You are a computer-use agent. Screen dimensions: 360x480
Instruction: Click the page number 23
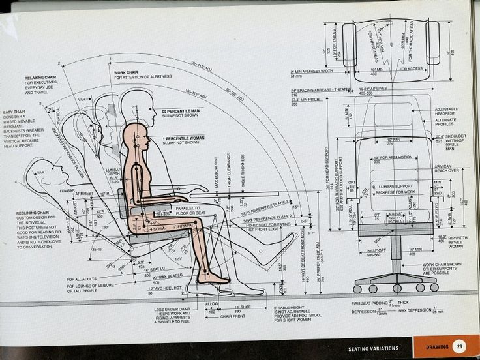pos(459,346)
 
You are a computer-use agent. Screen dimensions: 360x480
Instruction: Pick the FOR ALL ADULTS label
pos(81,280)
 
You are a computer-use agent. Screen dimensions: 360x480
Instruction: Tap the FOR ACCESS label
pos(411,68)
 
